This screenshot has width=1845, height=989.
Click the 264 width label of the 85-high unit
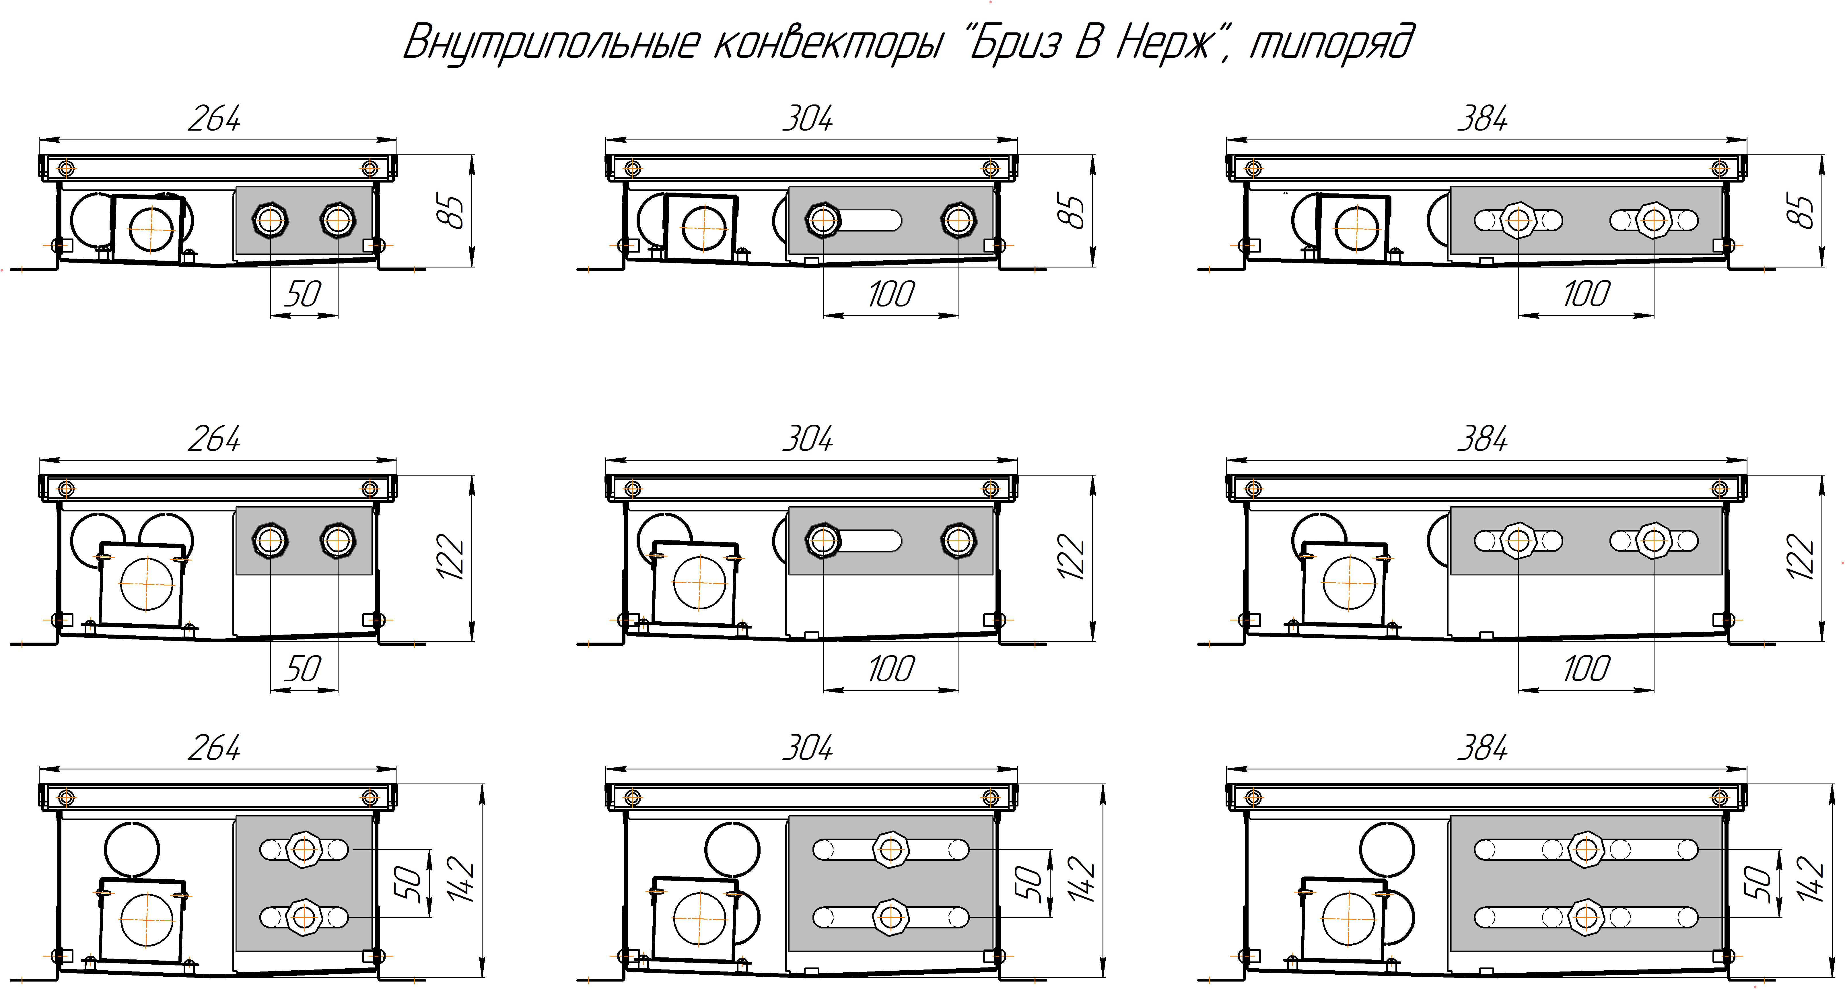pos(214,118)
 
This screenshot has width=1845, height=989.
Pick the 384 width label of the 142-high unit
pos(1483,747)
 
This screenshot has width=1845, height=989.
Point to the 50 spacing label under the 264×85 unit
pos(303,294)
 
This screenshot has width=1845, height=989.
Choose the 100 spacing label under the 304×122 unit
pos(891,669)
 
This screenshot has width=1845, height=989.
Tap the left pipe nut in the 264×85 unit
pos(270,220)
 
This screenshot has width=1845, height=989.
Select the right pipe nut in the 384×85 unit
pos(1654,220)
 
